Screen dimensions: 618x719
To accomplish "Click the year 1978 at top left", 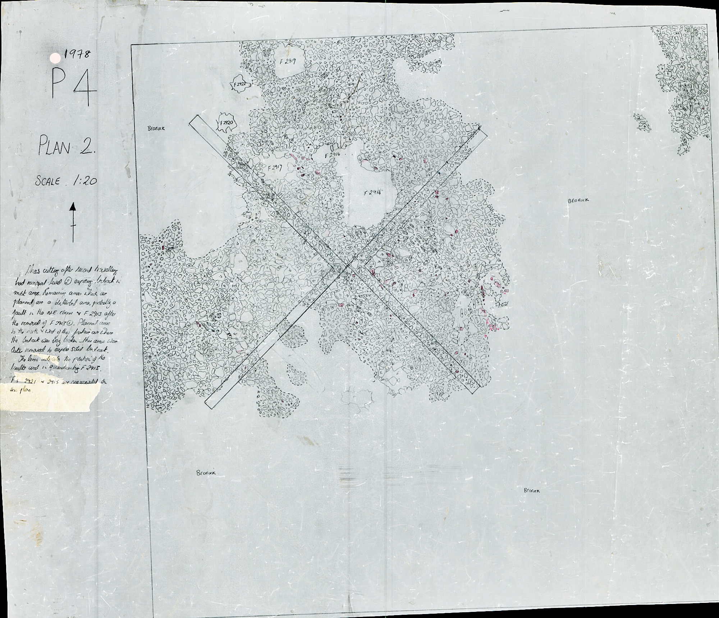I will (77, 55).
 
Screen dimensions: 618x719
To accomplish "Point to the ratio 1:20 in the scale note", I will (85, 181).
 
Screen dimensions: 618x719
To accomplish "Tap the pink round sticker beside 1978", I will (55, 58).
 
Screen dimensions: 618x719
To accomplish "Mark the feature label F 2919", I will (288, 62).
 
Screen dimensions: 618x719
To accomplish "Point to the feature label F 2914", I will (372, 193).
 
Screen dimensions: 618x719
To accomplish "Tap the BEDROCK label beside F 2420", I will (156, 128).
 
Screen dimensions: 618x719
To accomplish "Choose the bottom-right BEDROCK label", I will (532, 490).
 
